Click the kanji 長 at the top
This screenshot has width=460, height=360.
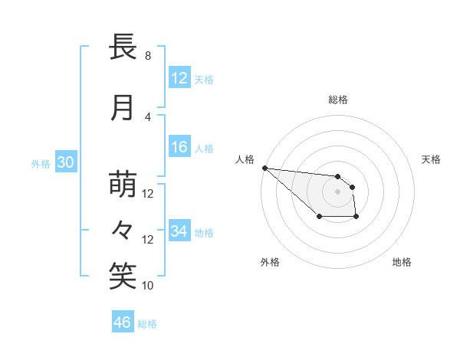tap(123, 47)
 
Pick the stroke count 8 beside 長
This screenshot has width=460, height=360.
tap(148, 56)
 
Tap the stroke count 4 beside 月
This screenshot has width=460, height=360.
tap(148, 116)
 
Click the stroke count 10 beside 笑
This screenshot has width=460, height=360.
tap(149, 286)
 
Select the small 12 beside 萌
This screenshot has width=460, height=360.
tap(149, 194)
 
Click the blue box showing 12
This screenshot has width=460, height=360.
tap(179, 78)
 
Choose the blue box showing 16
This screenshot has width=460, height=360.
tap(179, 148)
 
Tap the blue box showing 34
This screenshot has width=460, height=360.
tap(179, 231)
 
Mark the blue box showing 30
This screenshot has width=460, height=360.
tap(64, 162)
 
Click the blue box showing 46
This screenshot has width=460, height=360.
tap(123, 322)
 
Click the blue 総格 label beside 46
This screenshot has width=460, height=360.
tap(148, 324)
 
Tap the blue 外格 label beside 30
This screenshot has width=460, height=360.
tap(41, 163)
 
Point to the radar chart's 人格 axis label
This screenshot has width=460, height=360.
tap(245, 159)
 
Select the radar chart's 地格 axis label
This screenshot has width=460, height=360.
tap(402, 262)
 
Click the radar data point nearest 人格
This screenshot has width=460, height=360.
tap(264, 168)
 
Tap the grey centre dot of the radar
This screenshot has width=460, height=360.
tap(337, 191)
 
